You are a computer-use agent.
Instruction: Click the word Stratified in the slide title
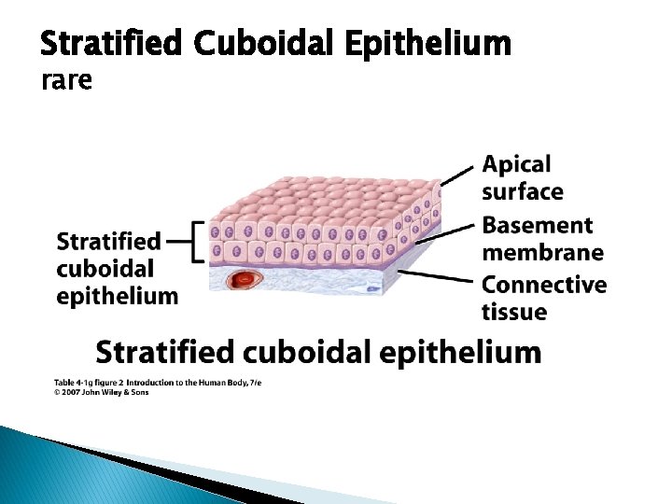pos(113,43)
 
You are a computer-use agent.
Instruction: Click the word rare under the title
pos(67,82)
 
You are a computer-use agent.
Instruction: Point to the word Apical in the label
pos(516,165)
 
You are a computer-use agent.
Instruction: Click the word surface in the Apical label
pos(522,192)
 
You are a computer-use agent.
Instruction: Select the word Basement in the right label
pos(537,226)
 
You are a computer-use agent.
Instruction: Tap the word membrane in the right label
pos(542,253)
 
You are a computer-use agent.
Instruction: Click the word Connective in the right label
pos(544,285)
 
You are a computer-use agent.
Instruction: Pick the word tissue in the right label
pos(514,312)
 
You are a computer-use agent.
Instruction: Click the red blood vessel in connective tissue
pos(247,278)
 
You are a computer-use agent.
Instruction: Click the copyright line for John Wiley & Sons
pos(101,392)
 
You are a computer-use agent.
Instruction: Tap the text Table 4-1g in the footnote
pos(74,383)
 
